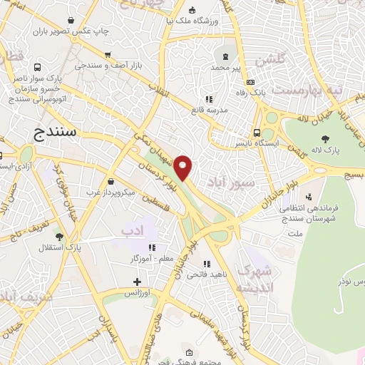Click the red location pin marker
tap(184, 167)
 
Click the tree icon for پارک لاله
tap(325, 139)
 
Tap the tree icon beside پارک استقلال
tap(58, 237)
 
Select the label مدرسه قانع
tap(207, 110)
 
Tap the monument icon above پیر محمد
tap(227, 55)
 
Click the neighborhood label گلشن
tap(292, 61)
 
